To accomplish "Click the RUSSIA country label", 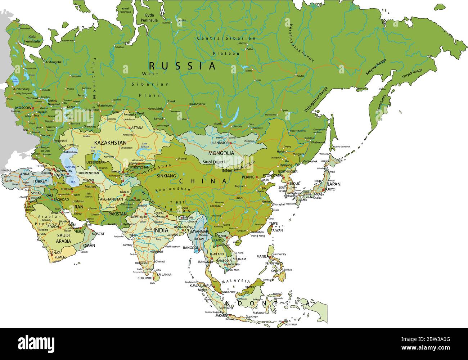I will (x=182, y=66).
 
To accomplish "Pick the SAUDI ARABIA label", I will (x=63, y=238).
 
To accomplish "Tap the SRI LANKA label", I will (x=164, y=275).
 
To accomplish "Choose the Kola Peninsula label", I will (x=32, y=39).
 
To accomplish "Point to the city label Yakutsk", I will (x=300, y=76).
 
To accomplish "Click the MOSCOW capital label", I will (x=23, y=108).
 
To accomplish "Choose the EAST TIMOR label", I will (x=291, y=325).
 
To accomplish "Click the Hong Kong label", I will (x=258, y=236).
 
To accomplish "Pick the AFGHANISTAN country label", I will (x=111, y=199).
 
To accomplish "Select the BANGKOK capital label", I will (x=206, y=262).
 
